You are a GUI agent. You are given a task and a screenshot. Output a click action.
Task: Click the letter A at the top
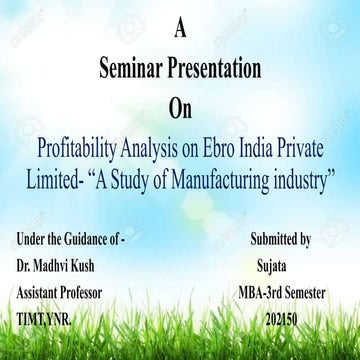(x=179, y=30)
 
